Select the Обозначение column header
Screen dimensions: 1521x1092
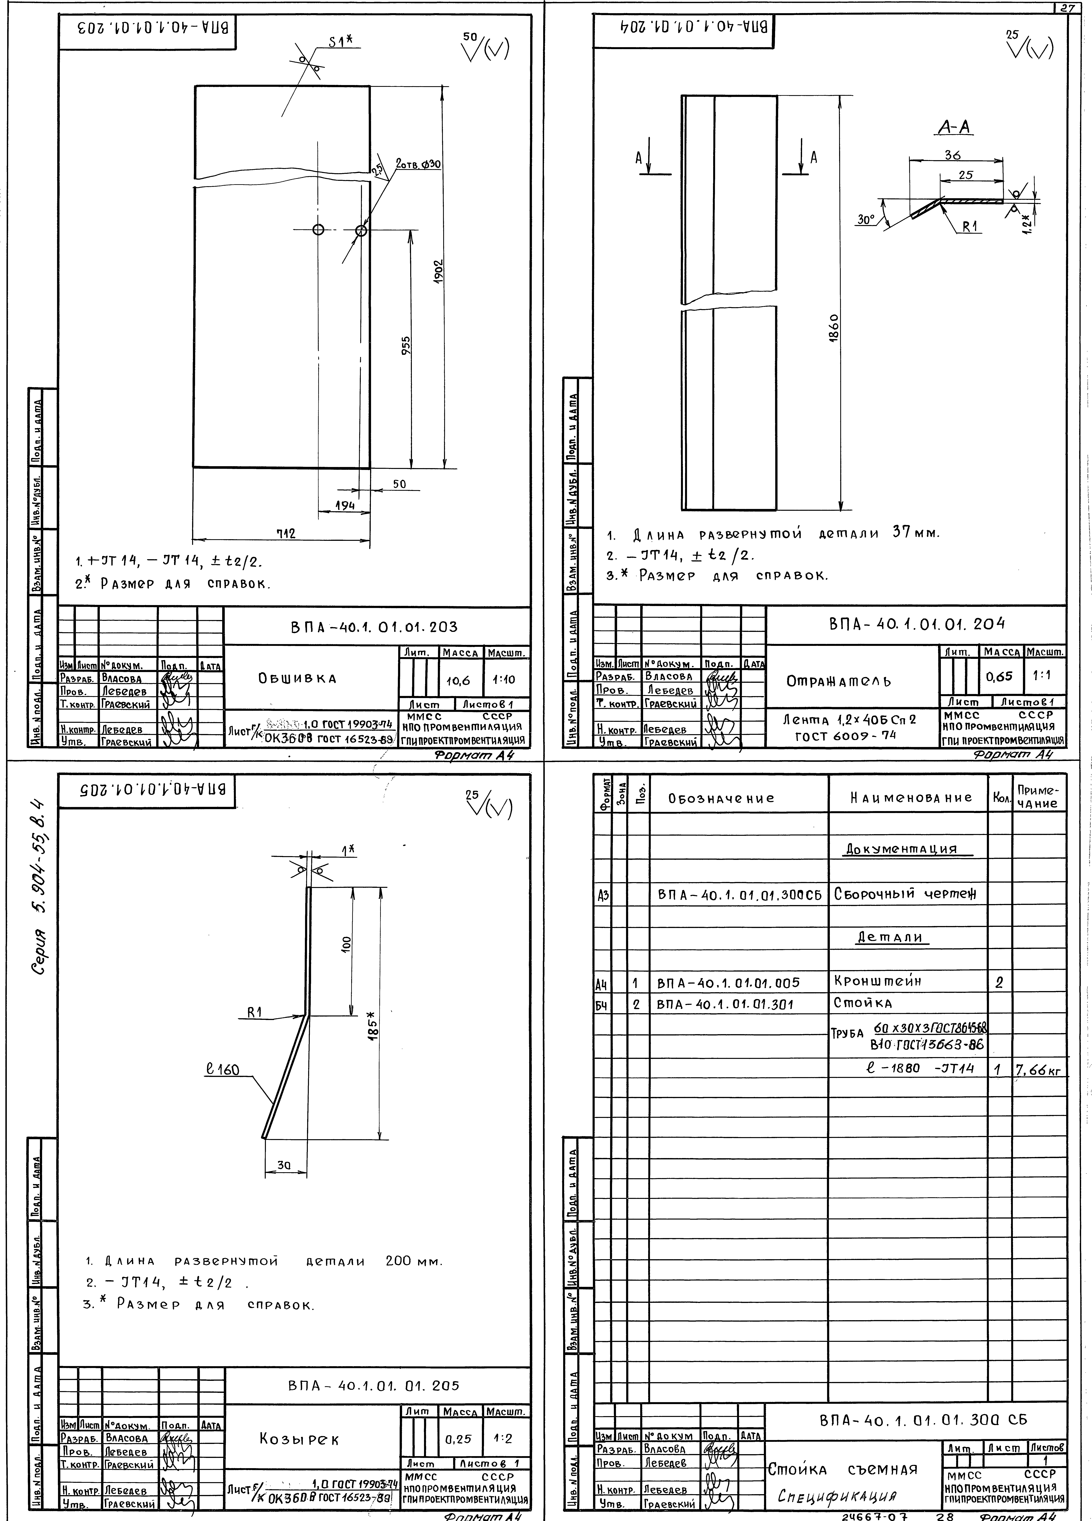[721, 798]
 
